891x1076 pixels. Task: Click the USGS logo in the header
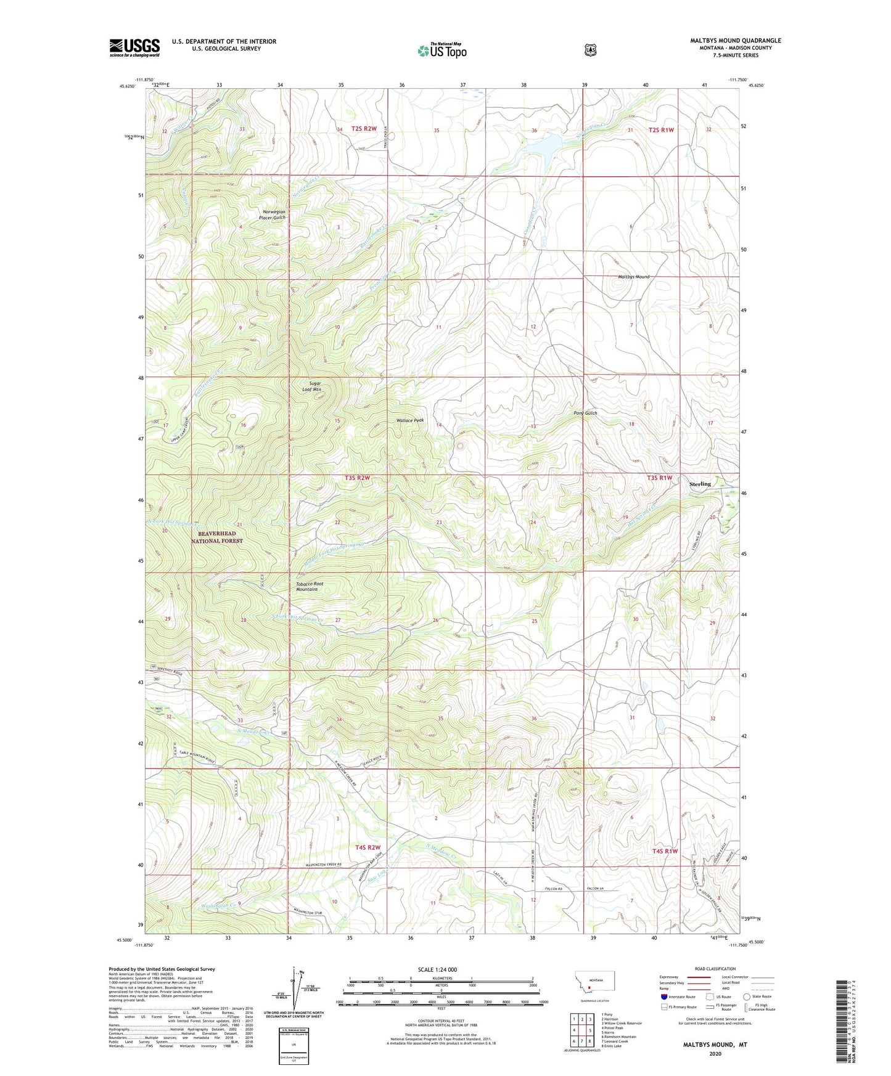coord(134,47)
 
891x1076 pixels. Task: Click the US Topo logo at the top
coord(441,51)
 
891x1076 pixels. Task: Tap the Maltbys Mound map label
coord(633,277)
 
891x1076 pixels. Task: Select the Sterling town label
coord(700,484)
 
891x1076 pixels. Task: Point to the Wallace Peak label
coord(409,420)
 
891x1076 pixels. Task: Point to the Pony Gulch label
coord(585,413)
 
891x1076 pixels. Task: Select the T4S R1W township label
coord(665,851)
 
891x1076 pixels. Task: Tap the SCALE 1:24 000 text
coord(437,969)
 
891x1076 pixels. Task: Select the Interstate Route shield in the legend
coord(664,997)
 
